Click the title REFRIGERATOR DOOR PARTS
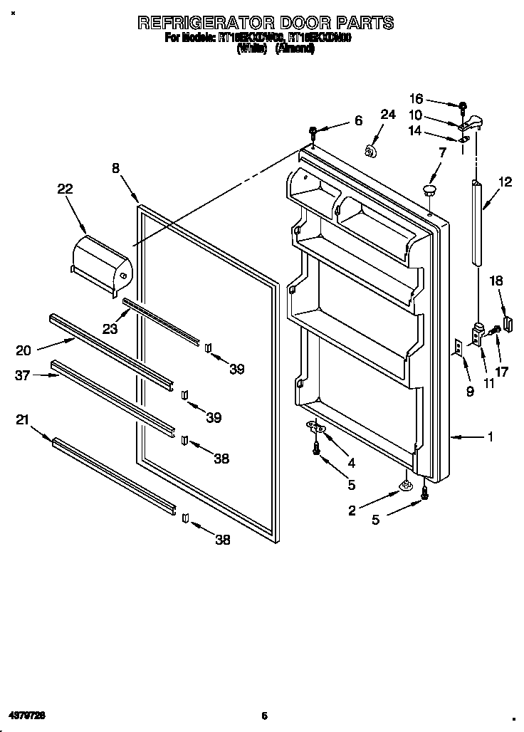(265, 23)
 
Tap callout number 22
(65, 189)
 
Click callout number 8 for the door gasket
(116, 169)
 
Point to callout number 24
(387, 115)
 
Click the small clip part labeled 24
(370, 150)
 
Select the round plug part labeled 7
(429, 189)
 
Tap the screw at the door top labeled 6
(313, 131)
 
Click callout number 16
(416, 99)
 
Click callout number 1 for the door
(490, 437)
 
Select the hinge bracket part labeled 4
(315, 427)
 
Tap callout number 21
(23, 421)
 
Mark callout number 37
(23, 375)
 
